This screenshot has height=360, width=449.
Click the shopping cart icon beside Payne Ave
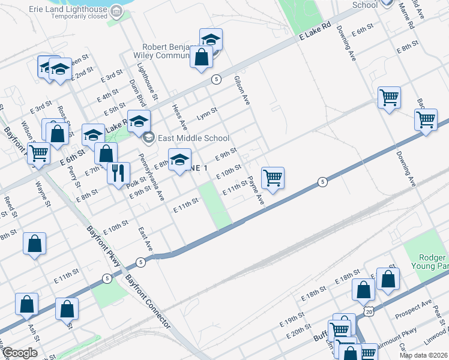(273, 177)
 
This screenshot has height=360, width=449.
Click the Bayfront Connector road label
(148, 301)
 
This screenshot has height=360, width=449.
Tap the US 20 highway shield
(368, 311)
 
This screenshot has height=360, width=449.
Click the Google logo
(20, 353)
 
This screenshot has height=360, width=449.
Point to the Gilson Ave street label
(242, 90)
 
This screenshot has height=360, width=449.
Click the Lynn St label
(206, 113)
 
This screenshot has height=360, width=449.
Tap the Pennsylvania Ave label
(151, 176)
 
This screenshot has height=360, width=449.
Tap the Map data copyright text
(423, 355)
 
